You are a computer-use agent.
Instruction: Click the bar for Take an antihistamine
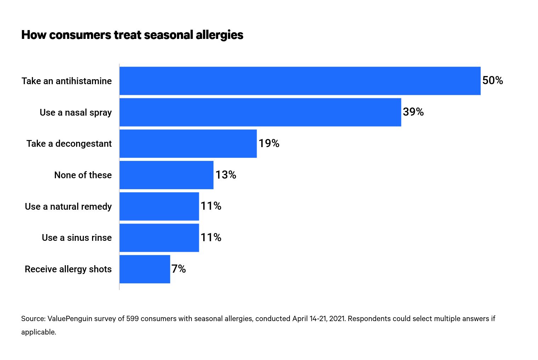point(300,81)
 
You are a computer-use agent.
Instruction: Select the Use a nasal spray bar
point(260,112)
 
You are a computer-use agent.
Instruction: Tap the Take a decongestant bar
point(188,144)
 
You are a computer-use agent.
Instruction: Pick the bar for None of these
point(166,175)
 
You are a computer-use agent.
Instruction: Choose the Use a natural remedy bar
point(159,206)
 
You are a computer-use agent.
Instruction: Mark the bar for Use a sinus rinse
point(159,238)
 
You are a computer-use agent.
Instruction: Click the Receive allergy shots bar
point(145,269)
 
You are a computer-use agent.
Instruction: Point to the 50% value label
point(492,81)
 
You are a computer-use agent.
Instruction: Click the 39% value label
point(413,112)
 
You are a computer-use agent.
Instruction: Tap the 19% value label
point(269,144)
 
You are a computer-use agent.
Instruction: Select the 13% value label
point(225,175)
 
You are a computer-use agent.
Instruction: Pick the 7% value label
point(179,269)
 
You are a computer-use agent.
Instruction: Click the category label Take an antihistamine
point(67,81)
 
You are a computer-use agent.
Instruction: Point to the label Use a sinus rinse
point(76,238)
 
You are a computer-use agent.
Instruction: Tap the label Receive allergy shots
point(68,269)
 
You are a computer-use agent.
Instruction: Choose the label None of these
point(83,175)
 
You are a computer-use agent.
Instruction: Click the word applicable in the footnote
point(38,332)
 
